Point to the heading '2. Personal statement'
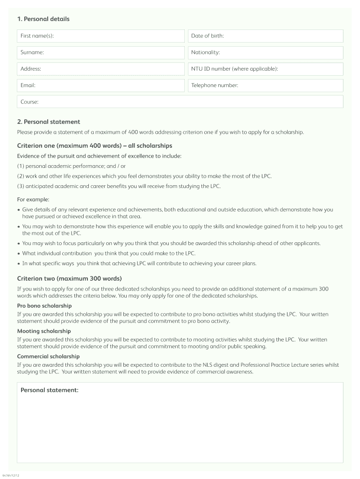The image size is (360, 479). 49,122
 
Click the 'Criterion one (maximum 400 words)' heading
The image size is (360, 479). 94,146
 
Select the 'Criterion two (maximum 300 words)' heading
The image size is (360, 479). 69,279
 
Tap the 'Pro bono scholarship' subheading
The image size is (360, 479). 44,305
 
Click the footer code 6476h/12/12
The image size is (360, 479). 11,475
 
